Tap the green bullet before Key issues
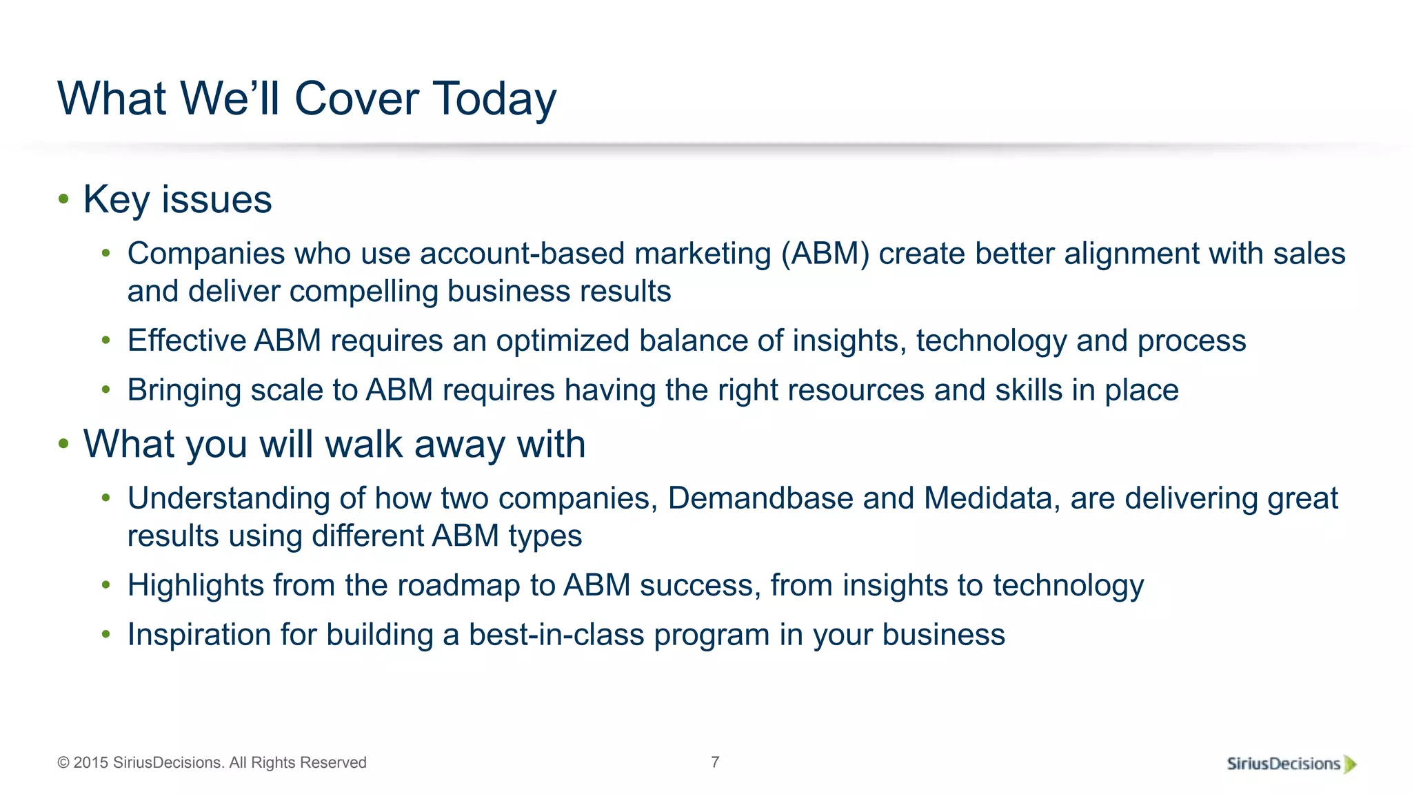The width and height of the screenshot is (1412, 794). click(x=63, y=199)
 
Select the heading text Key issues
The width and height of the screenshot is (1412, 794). click(x=177, y=200)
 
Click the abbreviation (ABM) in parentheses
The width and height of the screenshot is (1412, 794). click(x=825, y=254)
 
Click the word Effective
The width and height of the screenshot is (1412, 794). click(x=187, y=340)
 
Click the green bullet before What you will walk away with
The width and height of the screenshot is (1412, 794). click(x=63, y=444)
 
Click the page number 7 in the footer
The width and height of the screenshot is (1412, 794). click(x=715, y=762)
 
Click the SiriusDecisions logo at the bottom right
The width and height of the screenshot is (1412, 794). click(x=1291, y=764)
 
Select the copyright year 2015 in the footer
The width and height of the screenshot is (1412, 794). click(x=90, y=763)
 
